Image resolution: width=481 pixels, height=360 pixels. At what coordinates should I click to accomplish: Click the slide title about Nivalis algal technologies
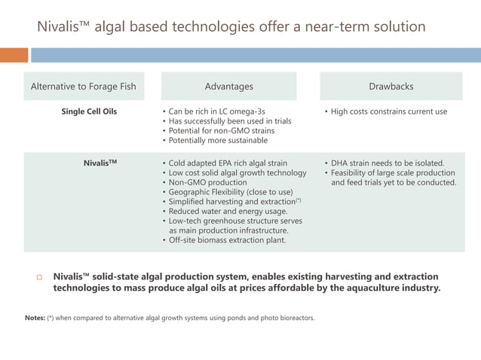[231, 27]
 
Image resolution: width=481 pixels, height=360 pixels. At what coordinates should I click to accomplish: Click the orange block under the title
[14, 55]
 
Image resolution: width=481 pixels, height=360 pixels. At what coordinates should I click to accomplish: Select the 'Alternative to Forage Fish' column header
[83, 87]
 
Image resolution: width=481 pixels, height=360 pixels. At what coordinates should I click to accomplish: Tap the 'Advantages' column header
[229, 87]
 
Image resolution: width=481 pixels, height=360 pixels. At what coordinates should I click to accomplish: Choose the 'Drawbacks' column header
[391, 87]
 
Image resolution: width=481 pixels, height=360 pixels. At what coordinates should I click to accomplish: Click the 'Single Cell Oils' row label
[89, 111]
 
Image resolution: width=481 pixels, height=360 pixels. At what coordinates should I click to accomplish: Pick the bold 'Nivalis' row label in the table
[100, 163]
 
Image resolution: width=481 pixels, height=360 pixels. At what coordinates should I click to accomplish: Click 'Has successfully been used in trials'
[230, 121]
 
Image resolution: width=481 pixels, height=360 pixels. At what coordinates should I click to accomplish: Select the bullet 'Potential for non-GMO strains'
[222, 131]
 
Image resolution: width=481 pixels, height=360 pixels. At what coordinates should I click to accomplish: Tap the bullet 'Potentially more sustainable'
[218, 141]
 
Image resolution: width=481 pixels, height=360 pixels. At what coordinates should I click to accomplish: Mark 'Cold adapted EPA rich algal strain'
[228, 163]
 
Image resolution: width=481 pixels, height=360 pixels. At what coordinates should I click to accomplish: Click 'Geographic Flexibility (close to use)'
[231, 192]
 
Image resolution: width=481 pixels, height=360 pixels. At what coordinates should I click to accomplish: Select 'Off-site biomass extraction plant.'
[227, 240]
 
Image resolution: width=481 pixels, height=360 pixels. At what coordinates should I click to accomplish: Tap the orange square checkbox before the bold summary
[40, 277]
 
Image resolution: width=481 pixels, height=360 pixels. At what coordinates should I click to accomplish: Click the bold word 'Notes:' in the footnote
[35, 318]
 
